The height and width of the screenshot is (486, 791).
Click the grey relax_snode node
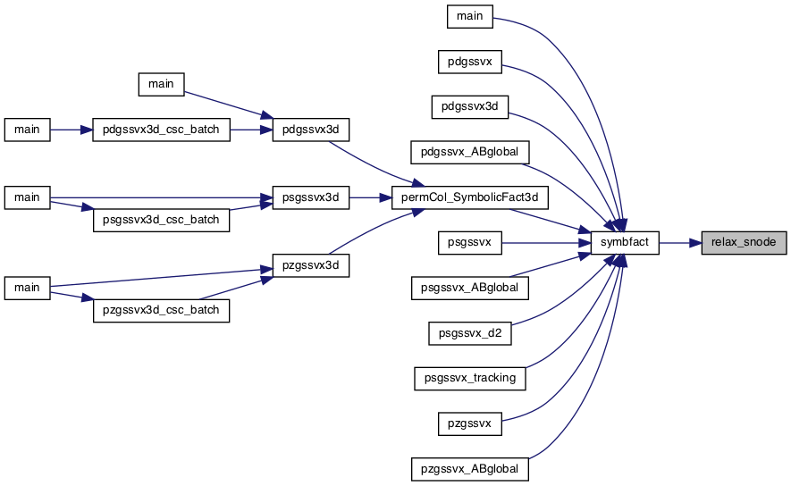[x=744, y=243]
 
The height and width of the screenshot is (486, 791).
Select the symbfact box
[x=625, y=243]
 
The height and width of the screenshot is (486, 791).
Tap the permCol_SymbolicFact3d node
[x=469, y=197]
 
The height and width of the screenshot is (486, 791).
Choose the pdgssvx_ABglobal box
[x=469, y=152]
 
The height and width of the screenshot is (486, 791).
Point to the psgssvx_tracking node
[x=469, y=378]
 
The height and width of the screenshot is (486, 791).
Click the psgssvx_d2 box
[x=469, y=333]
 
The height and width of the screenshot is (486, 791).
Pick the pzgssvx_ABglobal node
[x=469, y=469]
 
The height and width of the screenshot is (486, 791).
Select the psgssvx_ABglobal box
[x=469, y=288]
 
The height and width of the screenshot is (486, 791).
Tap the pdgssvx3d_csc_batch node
[x=161, y=130]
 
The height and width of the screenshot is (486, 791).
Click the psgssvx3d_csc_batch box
[x=161, y=221]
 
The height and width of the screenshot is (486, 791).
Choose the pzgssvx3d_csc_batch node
[x=161, y=311]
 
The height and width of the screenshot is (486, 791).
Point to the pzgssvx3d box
[x=311, y=265]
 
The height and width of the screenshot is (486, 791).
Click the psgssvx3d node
[x=311, y=197]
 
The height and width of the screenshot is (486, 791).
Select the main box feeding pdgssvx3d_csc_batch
[x=27, y=130]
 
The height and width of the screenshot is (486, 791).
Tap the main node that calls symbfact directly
[x=469, y=17]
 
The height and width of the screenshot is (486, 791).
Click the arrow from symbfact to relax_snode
[x=680, y=243]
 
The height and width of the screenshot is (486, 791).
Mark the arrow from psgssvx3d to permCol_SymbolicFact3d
[x=370, y=197]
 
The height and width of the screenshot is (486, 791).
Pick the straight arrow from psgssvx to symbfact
[x=546, y=243]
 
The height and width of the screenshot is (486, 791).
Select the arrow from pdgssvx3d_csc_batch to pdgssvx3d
[x=251, y=130]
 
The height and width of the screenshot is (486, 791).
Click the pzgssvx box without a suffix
[x=469, y=423]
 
